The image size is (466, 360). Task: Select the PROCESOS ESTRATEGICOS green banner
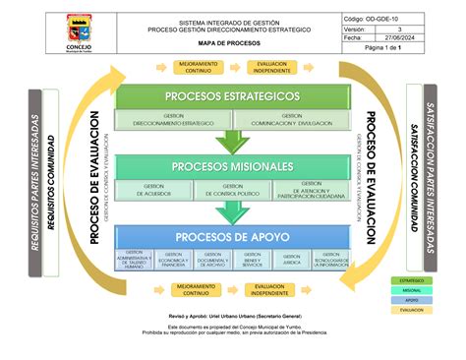click(x=232, y=95)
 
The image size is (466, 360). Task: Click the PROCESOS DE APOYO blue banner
click(x=232, y=237)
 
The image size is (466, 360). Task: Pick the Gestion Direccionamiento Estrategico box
click(x=174, y=119)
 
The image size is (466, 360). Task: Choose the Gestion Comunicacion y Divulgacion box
click(x=292, y=119)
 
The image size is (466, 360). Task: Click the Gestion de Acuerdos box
click(x=154, y=189)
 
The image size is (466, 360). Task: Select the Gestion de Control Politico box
click(x=233, y=189)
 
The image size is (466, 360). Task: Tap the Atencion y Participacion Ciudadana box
click(x=312, y=189)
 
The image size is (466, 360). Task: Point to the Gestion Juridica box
click(x=291, y=260)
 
